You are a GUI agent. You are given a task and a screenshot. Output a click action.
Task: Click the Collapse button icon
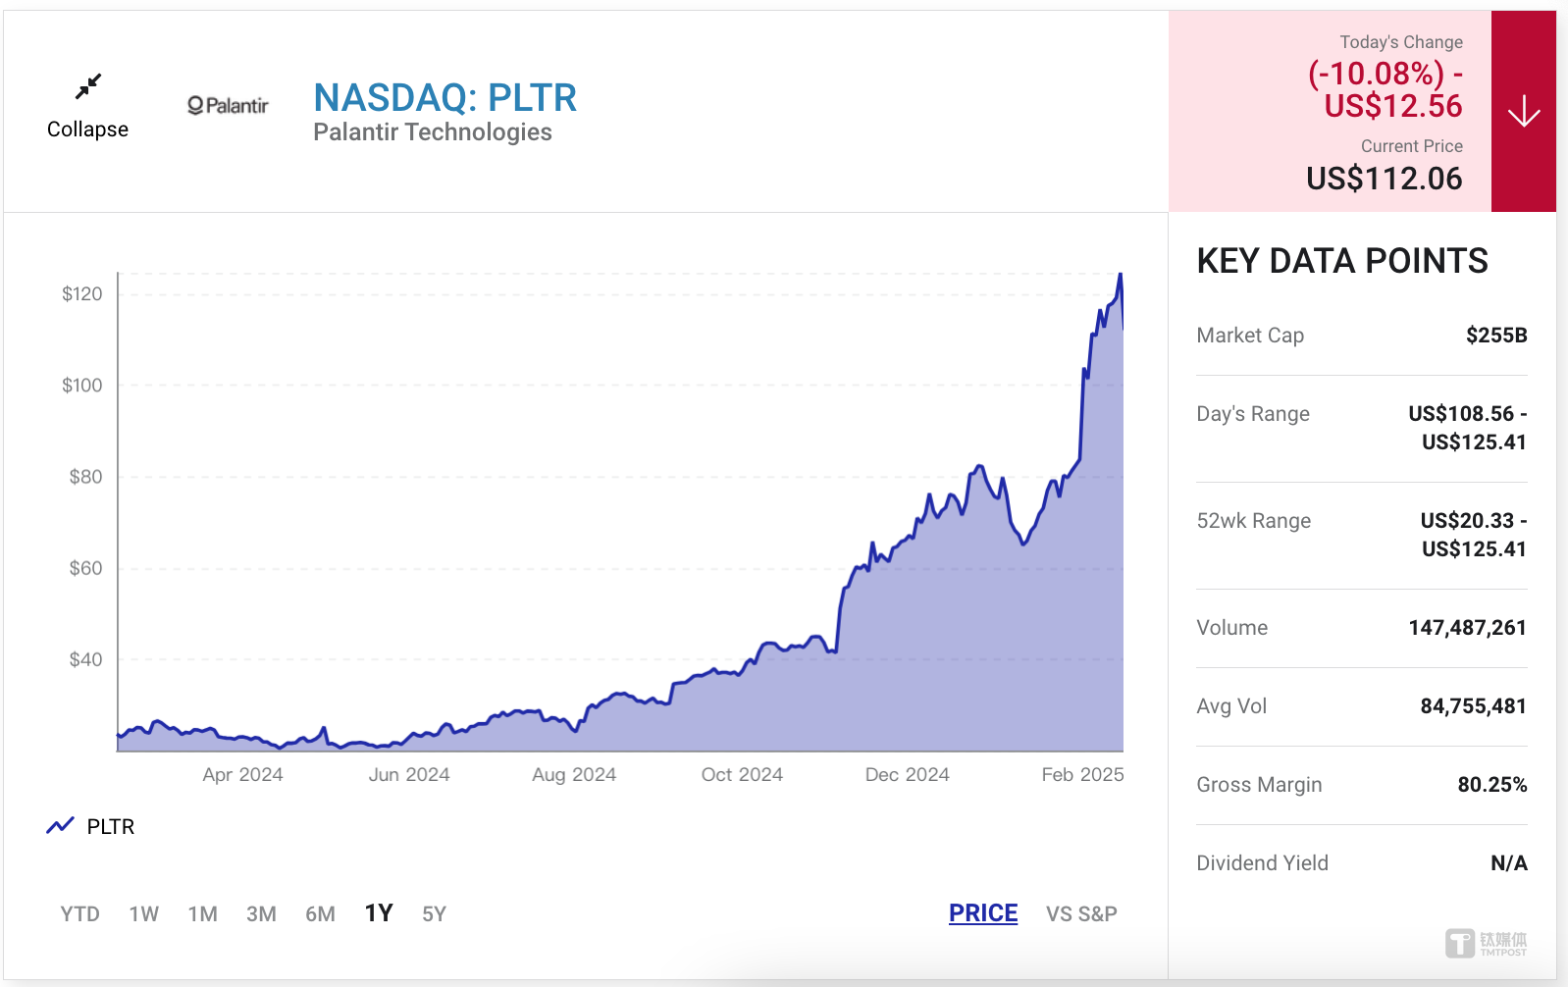88,87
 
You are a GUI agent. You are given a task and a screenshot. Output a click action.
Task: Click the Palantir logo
228,105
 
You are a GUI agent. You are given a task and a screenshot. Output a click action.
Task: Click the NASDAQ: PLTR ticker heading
444,98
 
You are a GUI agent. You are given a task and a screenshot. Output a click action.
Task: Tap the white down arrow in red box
1523,112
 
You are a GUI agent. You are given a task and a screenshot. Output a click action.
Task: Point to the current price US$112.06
1384,179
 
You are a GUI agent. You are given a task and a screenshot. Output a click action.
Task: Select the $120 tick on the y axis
81,294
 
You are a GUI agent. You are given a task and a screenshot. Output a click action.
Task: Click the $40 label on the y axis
85,659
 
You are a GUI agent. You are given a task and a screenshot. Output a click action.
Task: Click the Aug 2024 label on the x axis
574,774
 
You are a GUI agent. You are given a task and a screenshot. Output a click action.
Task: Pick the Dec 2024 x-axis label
907,774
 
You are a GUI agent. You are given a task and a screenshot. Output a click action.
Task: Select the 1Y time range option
379,913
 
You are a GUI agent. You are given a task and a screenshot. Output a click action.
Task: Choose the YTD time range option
79,914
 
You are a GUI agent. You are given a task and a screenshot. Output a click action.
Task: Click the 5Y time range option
434,914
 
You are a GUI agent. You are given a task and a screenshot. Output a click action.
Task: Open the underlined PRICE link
982,913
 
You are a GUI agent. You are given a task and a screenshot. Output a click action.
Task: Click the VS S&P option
1081,914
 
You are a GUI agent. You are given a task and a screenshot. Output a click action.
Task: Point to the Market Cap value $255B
1495,336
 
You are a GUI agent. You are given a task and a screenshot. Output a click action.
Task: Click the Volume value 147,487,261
1467,628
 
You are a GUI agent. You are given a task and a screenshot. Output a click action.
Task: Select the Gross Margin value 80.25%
1491,785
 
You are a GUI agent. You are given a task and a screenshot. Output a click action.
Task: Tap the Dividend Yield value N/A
1508,863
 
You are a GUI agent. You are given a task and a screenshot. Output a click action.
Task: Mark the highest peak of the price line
1120,275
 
